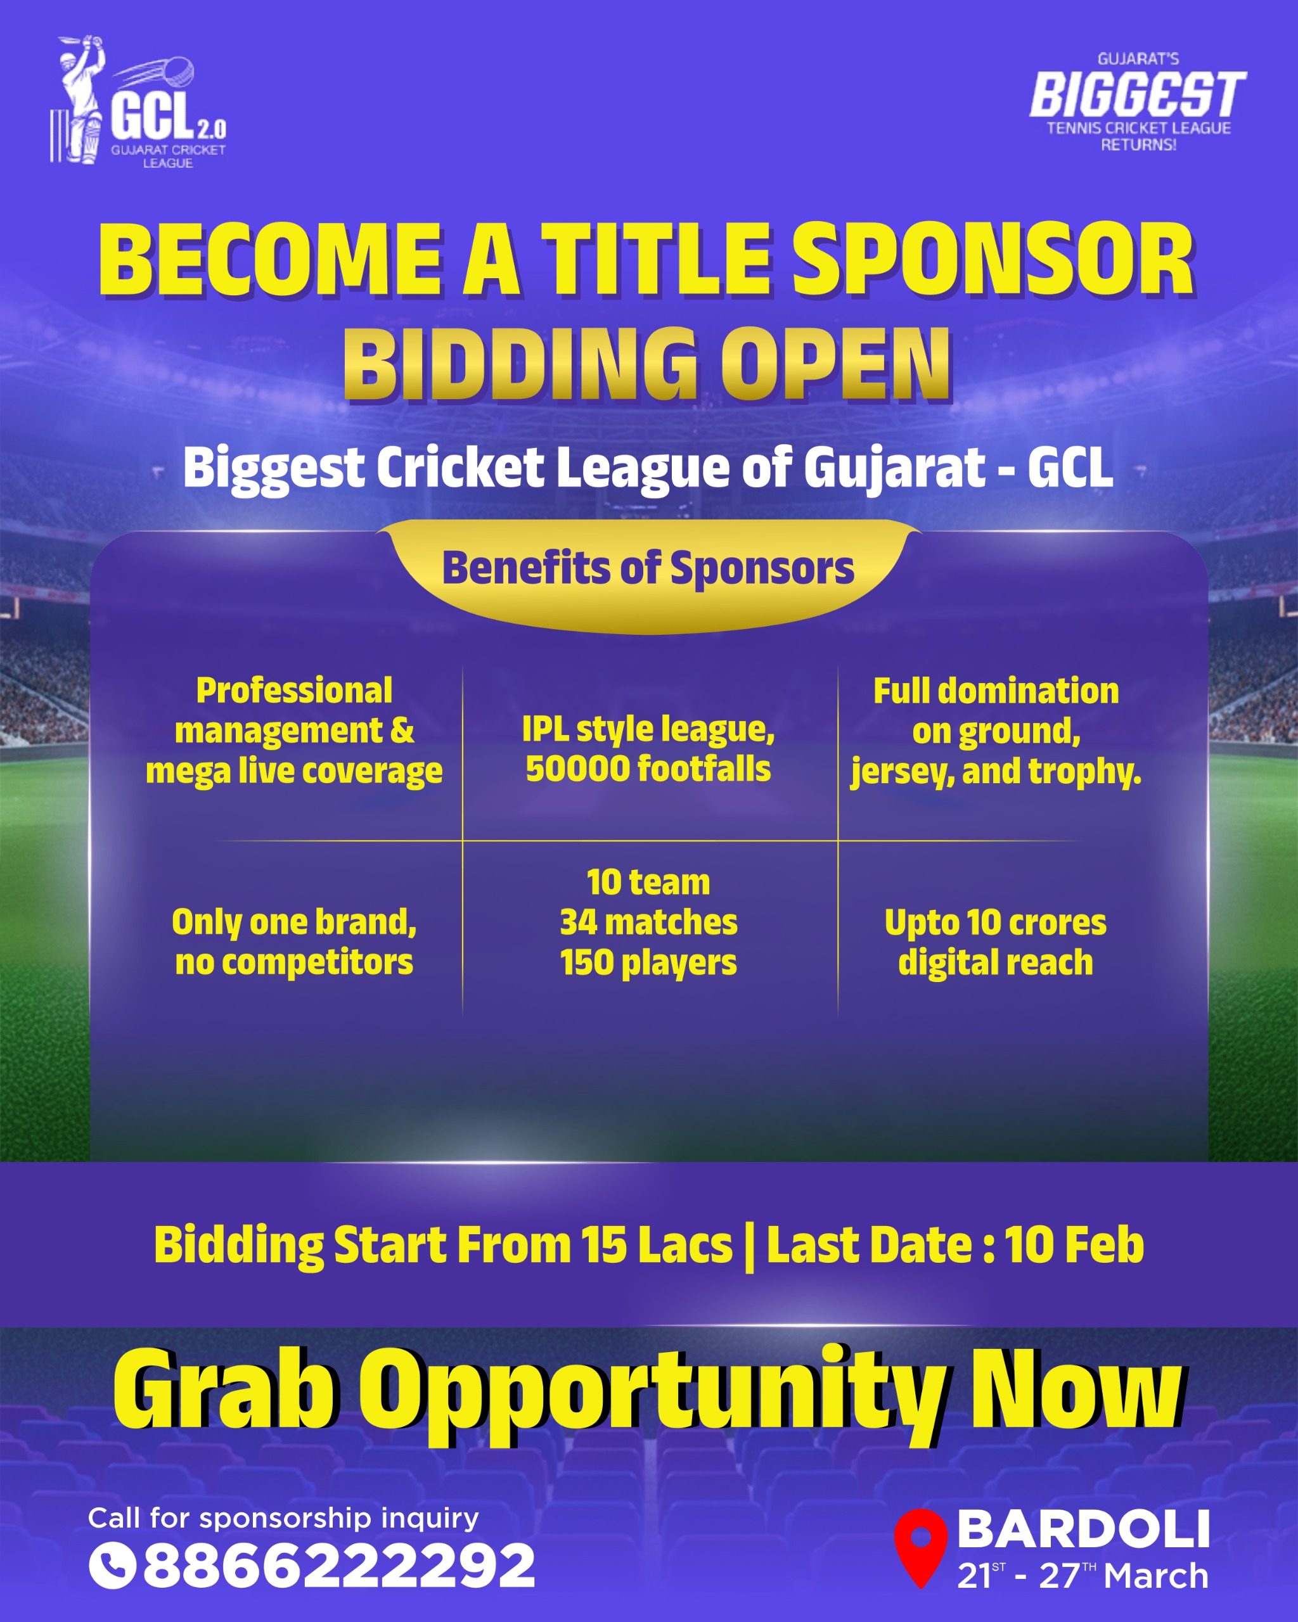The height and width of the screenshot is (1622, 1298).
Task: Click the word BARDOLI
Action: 1083,1529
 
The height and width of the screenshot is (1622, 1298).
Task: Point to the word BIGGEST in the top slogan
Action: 1137,96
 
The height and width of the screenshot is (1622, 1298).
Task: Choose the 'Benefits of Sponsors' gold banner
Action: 648,569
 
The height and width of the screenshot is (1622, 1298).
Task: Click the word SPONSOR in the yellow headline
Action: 993,261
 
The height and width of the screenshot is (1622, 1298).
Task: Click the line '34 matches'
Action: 648,923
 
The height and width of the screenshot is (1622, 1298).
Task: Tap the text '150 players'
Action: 648,962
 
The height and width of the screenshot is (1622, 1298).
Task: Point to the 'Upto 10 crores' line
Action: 995,923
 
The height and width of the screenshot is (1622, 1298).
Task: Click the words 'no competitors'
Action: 294,962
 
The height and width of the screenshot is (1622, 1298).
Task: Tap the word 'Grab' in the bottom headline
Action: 224,1390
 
